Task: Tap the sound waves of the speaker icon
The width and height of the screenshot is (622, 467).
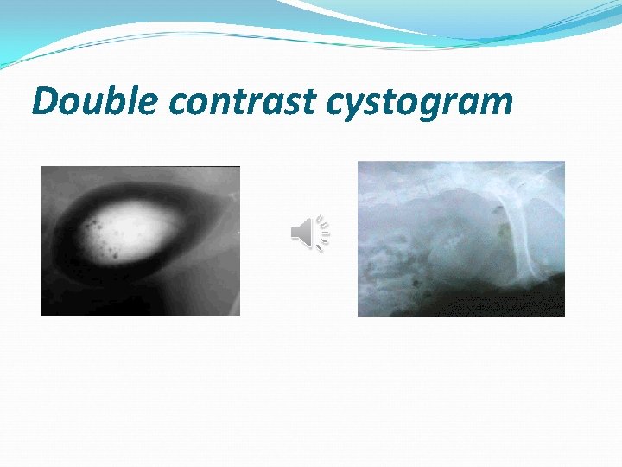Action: (323, 233)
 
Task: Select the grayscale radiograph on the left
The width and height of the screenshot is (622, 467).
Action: (140, 240)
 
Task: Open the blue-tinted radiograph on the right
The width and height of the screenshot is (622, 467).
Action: (460, 238)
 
